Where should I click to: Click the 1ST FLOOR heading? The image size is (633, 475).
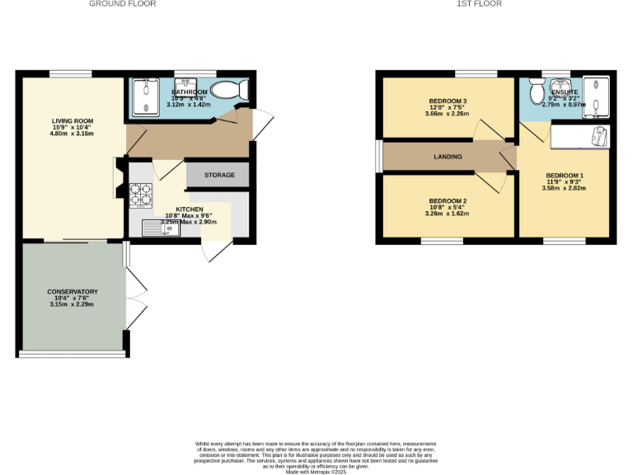(479, 4)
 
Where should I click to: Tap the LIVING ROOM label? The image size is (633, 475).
(73, 121)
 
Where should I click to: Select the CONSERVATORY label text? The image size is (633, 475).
(73, 292)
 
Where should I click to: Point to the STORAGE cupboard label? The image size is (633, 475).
(219, 175)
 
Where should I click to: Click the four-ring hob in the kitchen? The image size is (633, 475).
(141, 195)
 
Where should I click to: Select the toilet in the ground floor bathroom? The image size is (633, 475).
(227, 91)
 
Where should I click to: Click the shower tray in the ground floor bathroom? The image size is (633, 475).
(145, 96)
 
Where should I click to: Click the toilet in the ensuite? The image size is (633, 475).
(536, 88)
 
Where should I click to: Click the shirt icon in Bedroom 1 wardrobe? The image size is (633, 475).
(599, 136)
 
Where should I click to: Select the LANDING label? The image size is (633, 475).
(448, 157)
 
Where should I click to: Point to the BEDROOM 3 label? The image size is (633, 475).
(448, 101)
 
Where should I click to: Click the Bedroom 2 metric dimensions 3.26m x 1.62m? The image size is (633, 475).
(448, 214)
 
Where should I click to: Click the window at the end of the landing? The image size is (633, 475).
(379, 157)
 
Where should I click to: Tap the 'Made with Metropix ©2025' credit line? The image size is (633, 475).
(316, 472)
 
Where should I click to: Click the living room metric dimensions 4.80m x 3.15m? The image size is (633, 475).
(73, 134)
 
